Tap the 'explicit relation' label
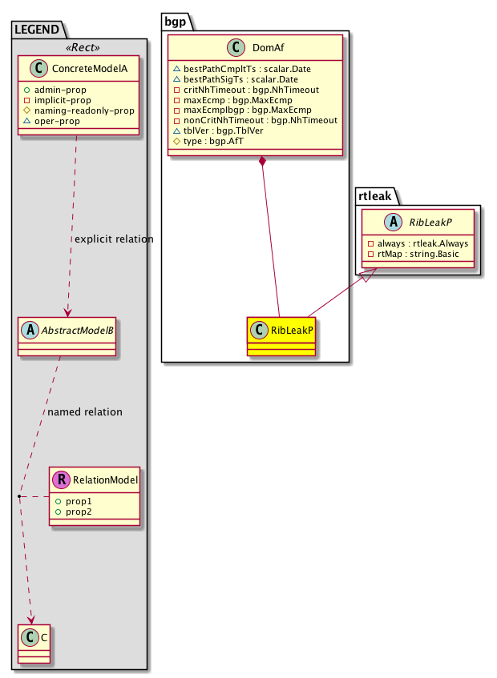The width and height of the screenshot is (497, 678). [x=113, y=239]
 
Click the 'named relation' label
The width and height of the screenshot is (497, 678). [x=85, y=412]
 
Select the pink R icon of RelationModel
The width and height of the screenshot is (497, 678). [x=61, y=480]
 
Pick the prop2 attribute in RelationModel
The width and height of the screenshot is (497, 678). [x=79, y=511]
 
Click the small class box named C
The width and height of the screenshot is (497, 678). [x=33, y=639]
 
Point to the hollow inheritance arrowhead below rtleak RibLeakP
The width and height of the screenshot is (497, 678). [x=365, y=277]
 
